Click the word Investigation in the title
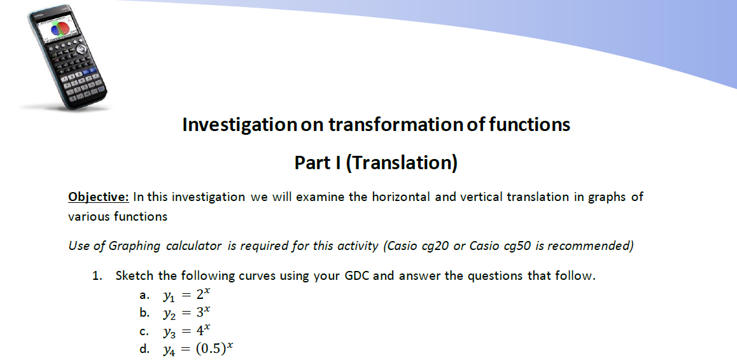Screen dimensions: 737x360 [x=240, y=125]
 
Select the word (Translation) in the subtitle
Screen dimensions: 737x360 [x=402, y=163]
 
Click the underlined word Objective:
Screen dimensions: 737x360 [x=99, y=197]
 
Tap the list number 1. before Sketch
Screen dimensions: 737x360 [x=98, y=276]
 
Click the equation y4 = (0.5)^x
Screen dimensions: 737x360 [x=198, y=349]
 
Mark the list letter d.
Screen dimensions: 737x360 [x=145, y=349]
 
